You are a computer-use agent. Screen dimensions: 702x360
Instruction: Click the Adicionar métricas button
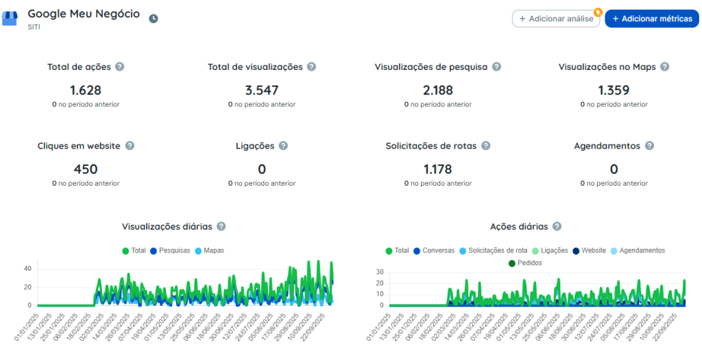click(651, 19)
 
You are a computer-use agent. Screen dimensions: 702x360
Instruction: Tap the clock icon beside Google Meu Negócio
click(154, 19)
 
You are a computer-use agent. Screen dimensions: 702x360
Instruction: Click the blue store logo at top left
click(10, 19)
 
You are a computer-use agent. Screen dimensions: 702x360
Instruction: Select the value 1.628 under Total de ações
click(86, 91)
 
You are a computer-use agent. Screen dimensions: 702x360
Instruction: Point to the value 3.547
click(262, 91)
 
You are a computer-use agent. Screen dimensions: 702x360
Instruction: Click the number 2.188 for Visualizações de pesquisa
click(438, 91)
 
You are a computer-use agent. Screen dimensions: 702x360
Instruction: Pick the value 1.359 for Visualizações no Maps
click(614, 91)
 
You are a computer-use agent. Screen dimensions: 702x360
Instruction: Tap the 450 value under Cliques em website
click(86, 169)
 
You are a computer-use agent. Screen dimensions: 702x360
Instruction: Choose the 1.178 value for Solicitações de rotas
click(438, 169)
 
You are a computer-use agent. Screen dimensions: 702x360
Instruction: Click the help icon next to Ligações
click(283, 145)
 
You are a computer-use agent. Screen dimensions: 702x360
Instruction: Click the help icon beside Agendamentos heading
click(649, 145)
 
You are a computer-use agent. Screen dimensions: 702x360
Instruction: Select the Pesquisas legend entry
click(171, 251)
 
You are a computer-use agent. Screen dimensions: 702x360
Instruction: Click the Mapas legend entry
click(210, 251)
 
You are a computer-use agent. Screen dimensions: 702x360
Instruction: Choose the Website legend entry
click(589, 251)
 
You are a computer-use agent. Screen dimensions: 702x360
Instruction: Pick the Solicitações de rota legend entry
click(494, 251)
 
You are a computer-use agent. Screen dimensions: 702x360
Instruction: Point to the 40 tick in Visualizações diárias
click(27, 269)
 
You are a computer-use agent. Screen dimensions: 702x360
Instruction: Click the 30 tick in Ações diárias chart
click(380, 272)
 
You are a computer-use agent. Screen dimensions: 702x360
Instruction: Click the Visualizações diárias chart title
click(167, 226)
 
